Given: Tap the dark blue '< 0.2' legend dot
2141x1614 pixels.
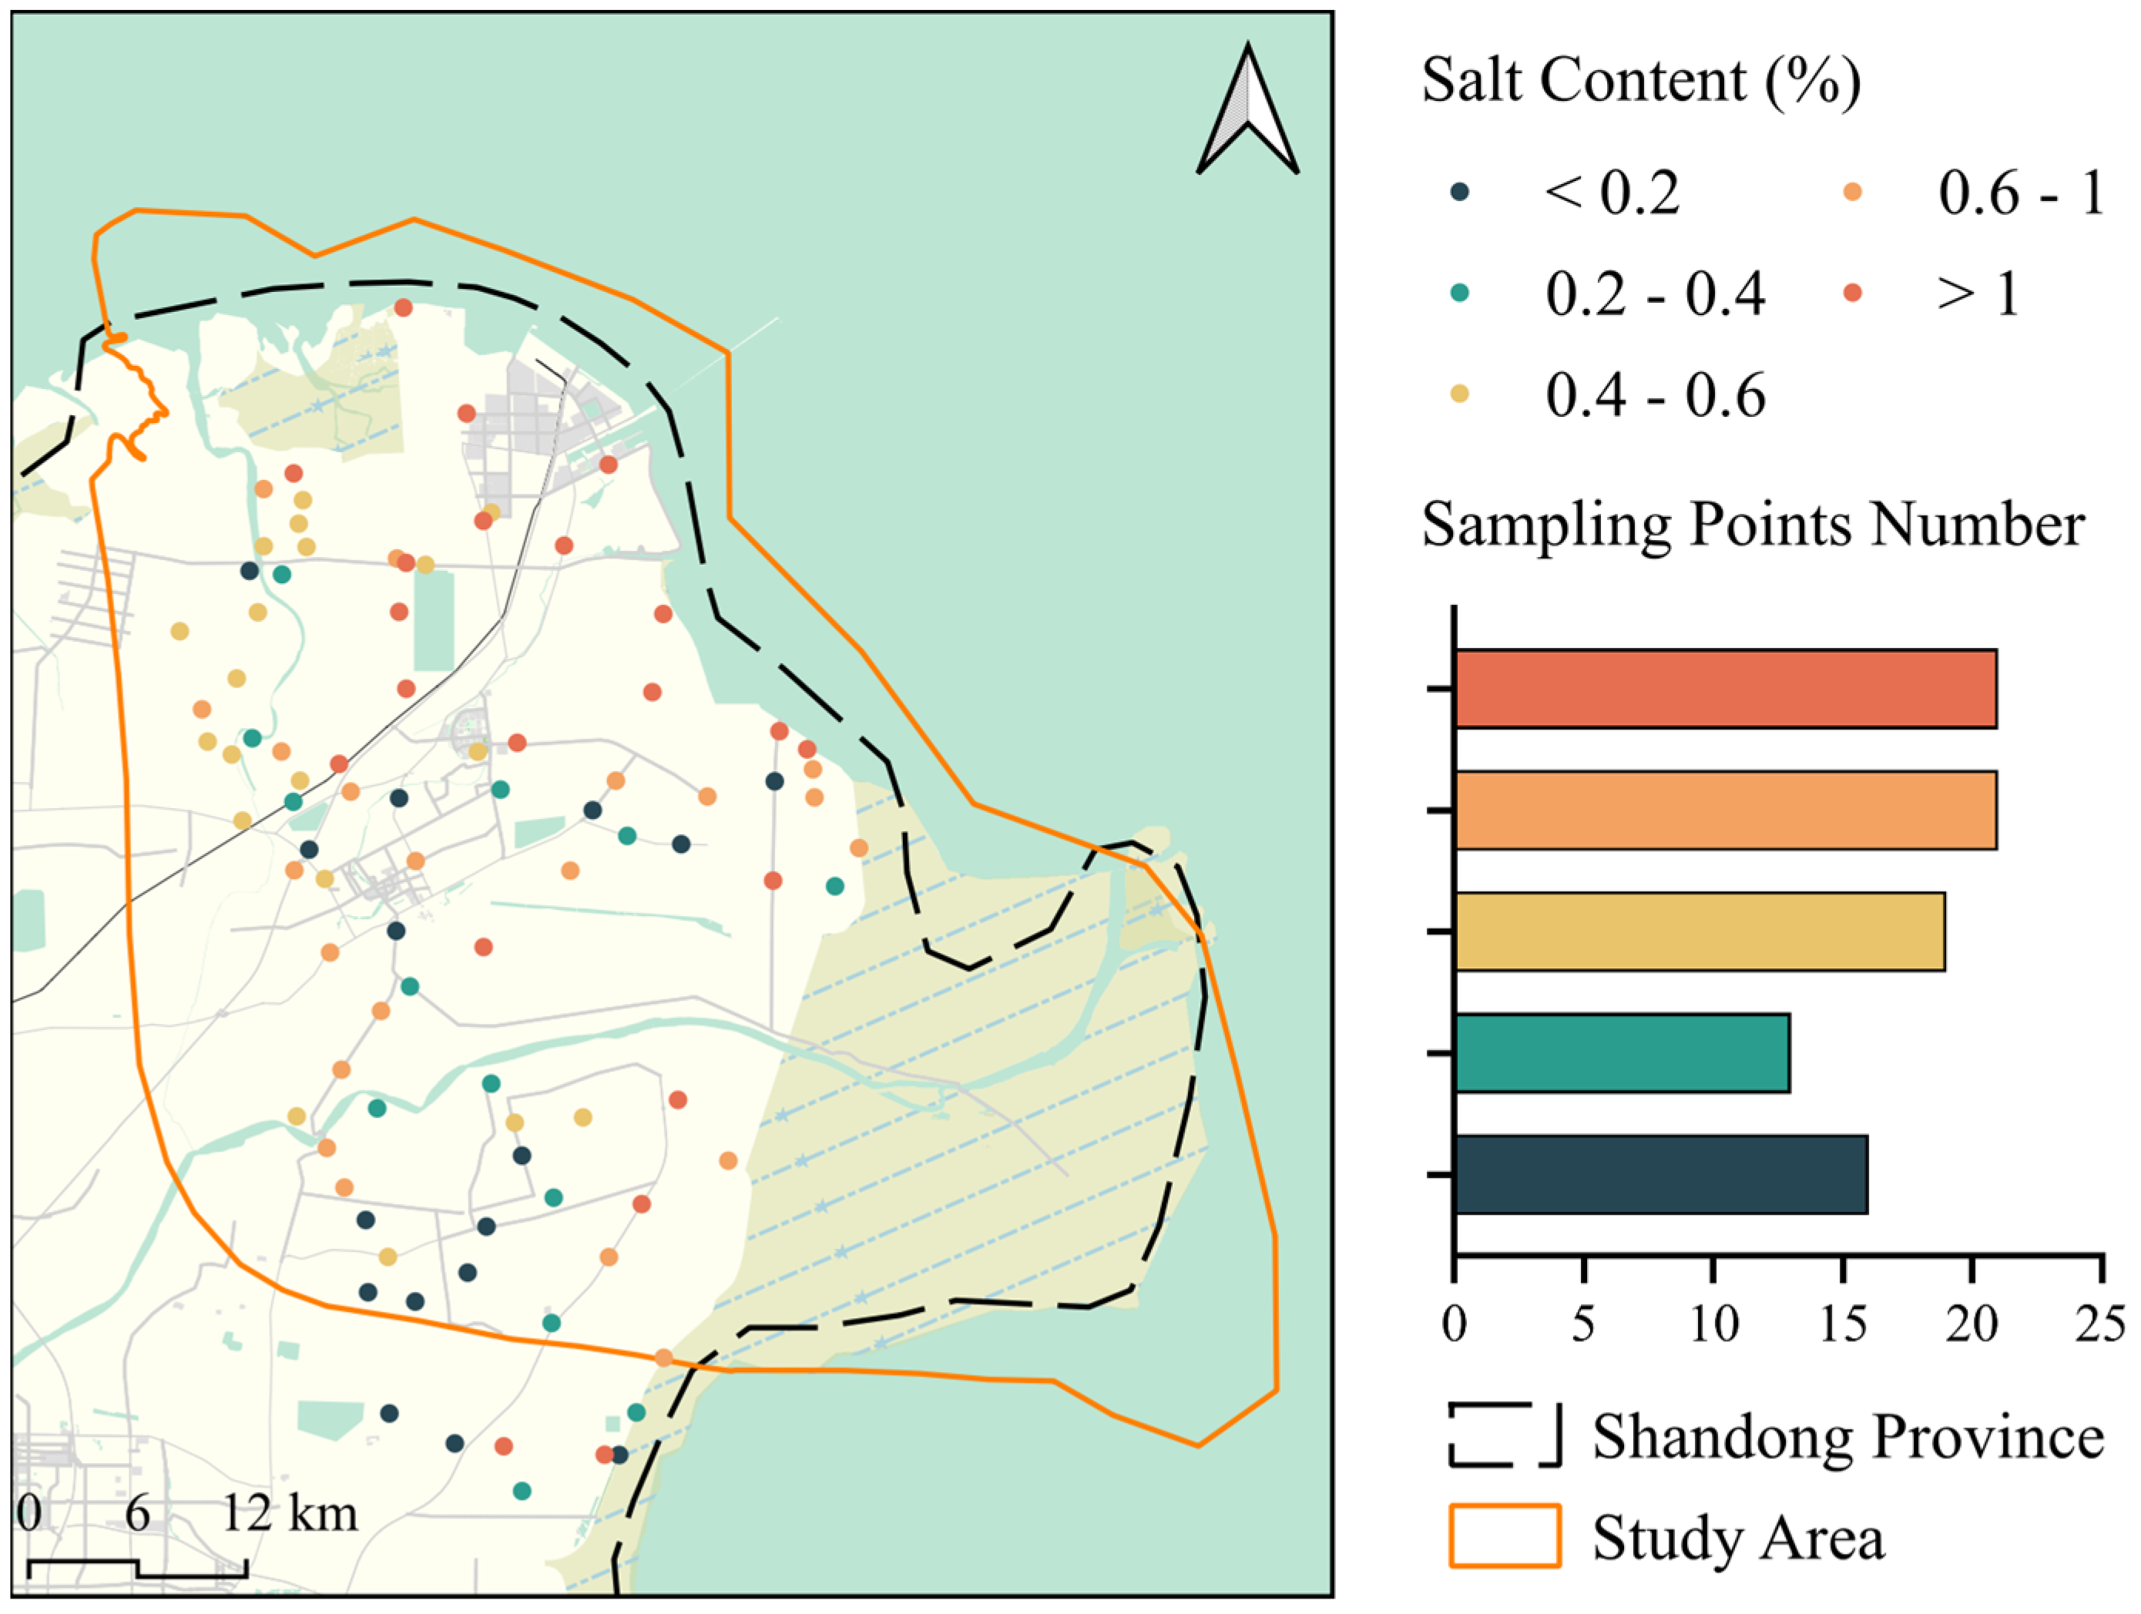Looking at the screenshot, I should point(1460,192).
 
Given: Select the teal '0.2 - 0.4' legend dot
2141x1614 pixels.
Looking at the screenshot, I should point(1460,292).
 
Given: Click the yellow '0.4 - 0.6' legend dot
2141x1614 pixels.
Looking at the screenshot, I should point(1460,393).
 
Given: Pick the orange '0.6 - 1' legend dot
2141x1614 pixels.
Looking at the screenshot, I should point(1851,192).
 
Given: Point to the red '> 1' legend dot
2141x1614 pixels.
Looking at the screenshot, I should point(1851,292).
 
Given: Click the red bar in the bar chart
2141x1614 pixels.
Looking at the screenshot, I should point(1725,689).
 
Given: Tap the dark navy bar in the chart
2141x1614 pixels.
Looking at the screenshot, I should point(1660,1174).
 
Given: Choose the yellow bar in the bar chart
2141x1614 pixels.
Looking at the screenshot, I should point(1699,931).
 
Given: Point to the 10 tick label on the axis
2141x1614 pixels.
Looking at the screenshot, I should point(1713,1324).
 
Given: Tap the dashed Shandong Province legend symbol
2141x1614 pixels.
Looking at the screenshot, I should point(1504,1436).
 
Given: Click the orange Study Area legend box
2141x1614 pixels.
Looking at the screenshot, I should point(1504,1535).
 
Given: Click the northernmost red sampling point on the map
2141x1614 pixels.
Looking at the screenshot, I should point(404,307).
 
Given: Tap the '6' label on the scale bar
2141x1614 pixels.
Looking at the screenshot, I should point(137,1512).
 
